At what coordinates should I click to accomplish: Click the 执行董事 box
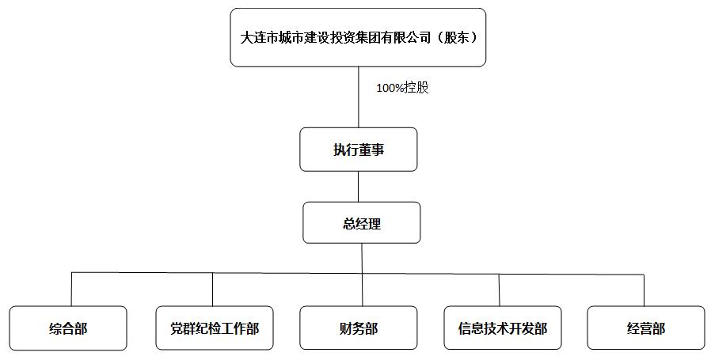click(358, 150)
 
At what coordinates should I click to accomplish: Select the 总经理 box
click(361, 222)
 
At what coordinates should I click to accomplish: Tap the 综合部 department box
click(68, 328)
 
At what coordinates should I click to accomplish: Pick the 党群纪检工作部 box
click(215, 328)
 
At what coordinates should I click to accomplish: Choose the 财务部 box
click(358, 328)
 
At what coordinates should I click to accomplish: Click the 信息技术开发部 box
click(503, 328)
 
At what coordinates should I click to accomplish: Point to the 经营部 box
click(646, 328)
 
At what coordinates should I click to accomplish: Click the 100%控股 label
click(403, 88)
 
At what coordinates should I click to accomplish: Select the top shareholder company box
click(358, 37)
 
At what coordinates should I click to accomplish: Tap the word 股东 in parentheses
click(456, 37)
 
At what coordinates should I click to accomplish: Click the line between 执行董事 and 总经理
click(358, 187)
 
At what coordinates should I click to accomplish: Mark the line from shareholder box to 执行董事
click(358, 97)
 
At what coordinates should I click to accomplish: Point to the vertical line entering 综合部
click(71, 290)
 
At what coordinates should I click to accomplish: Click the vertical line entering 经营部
click(644, 290)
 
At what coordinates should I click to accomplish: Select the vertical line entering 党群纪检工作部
click(213, 290)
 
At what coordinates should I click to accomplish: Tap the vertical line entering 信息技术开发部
click(500, 290)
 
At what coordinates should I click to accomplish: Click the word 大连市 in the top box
click(259, 37)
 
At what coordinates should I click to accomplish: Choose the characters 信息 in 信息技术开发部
click(470, 328)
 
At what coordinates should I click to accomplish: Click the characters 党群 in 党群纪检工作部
click(181, 328)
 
